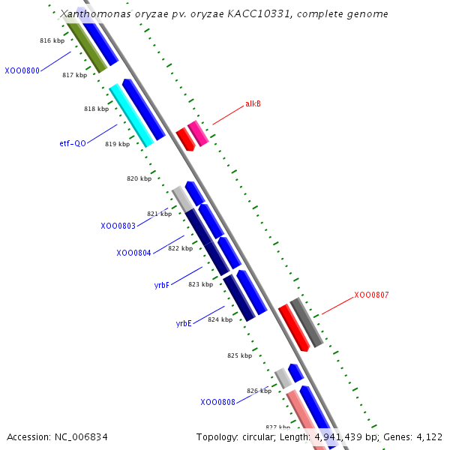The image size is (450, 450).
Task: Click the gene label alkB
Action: point(253,103)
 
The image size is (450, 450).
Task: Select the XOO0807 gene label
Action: point(371,295)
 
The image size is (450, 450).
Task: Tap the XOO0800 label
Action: point(22,70)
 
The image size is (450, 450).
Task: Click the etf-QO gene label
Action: point(73,143)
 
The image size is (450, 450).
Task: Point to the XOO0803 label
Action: point(118,226)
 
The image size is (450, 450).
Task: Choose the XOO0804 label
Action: point(133,253)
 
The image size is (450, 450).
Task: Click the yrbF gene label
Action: point(162,285)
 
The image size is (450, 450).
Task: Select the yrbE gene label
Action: point(184,323)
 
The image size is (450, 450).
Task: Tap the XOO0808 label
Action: point(217,402)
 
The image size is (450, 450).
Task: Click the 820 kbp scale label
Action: point(139,178)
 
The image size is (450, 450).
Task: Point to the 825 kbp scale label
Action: point(239,355)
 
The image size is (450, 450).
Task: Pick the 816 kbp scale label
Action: point(52,40)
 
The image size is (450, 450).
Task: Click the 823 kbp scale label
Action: point(200,284)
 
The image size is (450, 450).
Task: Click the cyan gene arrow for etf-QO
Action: point(131,115)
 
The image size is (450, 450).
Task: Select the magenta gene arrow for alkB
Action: point(198,133)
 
